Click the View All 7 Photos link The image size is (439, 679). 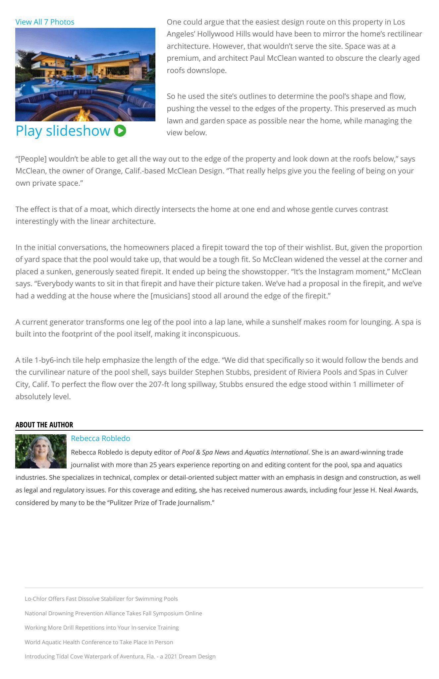pyautogui.click(x=45, y=22)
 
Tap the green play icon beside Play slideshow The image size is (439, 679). pyautogui.click(x=120, y=131)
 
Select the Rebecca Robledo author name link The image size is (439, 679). pyautogui.click(x=100, y=438)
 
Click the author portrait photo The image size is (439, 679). pyautogui.click(x=41, y=451)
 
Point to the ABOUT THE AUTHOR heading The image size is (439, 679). pyautogui.click(x=44, y=425)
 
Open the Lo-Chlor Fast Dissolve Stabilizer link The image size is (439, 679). pyautogui.click(x=101, y=599)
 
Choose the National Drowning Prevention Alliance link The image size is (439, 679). pyautogui.click(x=113, y=613)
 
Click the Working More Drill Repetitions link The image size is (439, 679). pyautogui.click(x=101, y=628)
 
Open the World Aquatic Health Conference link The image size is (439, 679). pyautogui.click(x=99, y=642)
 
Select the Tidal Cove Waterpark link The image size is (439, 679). pyautogui.click(x=120, y=656)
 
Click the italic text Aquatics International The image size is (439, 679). pyautogui.click(x=276, y=452)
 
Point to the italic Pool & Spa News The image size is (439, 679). pyautogui.click(x=205, y=452)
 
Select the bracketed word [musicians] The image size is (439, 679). pyautogui.click(x=170, y=296)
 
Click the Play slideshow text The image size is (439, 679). pyautogui.click(x=63, y=131)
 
